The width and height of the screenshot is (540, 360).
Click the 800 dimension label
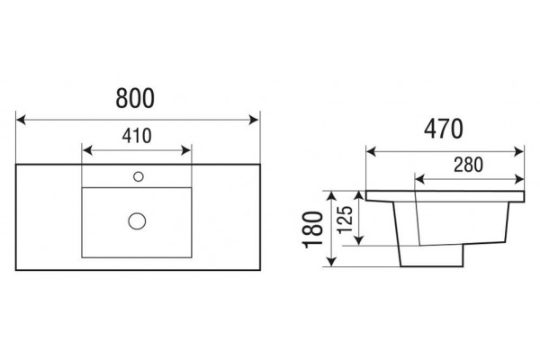click(135, 98)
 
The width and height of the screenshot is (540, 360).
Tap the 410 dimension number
click(137, 136)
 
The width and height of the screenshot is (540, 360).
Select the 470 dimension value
click(443, 130)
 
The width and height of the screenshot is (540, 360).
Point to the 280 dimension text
click(468, 165)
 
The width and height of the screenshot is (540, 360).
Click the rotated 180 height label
click(312, 229)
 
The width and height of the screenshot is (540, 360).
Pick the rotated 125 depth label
click(345, 220)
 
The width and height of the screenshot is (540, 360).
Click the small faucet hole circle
click(139, 176)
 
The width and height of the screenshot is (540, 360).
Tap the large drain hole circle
click(137, 220)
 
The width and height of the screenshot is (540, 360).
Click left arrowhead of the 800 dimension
click(21, 120)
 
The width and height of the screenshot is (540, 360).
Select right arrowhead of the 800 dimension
click(254, 120)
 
